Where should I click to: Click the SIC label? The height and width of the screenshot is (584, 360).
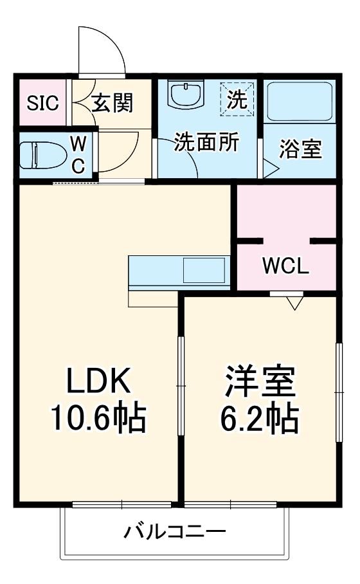[42, 102]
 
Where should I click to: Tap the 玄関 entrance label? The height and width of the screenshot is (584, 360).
[112, 102]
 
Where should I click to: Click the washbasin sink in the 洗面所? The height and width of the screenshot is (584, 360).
[187, 95]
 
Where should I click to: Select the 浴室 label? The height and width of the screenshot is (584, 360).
[300, 150]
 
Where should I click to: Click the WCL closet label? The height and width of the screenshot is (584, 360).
[285, 265]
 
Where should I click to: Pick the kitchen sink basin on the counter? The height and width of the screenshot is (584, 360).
[204, 270]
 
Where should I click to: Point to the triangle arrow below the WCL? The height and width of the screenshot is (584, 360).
[295, 301]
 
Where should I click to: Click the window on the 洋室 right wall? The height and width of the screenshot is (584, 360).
[337, 392]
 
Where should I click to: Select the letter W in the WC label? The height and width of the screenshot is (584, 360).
[77, 142]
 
